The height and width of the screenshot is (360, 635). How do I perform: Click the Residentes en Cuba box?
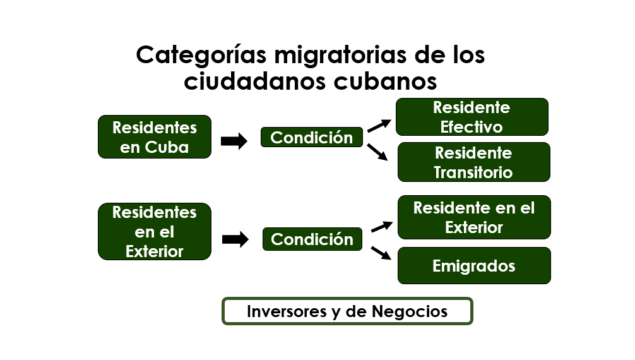[x=154, y=136]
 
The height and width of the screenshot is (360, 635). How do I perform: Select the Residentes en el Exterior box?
[x=154, y=232]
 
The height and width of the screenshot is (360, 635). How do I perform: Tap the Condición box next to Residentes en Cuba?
[x=311, y=138]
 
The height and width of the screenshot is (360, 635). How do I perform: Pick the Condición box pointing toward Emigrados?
[x=312, y=239]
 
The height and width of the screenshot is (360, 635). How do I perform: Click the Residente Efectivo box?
[x=472, y=117]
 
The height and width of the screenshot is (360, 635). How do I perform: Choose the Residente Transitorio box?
[x=474, y=162]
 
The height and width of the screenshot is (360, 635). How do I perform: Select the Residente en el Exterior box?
[x=474, y=217]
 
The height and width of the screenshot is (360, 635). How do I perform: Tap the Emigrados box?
[x=474, y=265]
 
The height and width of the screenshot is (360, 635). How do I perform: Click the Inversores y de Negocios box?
[x=347, y=311]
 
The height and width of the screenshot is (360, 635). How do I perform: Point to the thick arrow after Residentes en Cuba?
[x=234, y=141]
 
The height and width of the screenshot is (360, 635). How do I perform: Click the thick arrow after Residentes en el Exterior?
[x=235, y=239]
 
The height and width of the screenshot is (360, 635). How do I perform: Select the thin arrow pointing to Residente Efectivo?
[x=379, y=126]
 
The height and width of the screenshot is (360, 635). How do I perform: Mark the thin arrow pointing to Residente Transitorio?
[x=377, y=152]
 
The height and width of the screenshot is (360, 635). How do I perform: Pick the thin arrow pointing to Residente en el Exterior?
[x=382, y=227]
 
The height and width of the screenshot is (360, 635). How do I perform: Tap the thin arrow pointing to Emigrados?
[x=381, y=253]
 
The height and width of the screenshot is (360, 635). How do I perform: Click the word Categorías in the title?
[x=201, y=56]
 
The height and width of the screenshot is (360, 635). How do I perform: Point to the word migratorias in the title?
[x=340, y=55]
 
